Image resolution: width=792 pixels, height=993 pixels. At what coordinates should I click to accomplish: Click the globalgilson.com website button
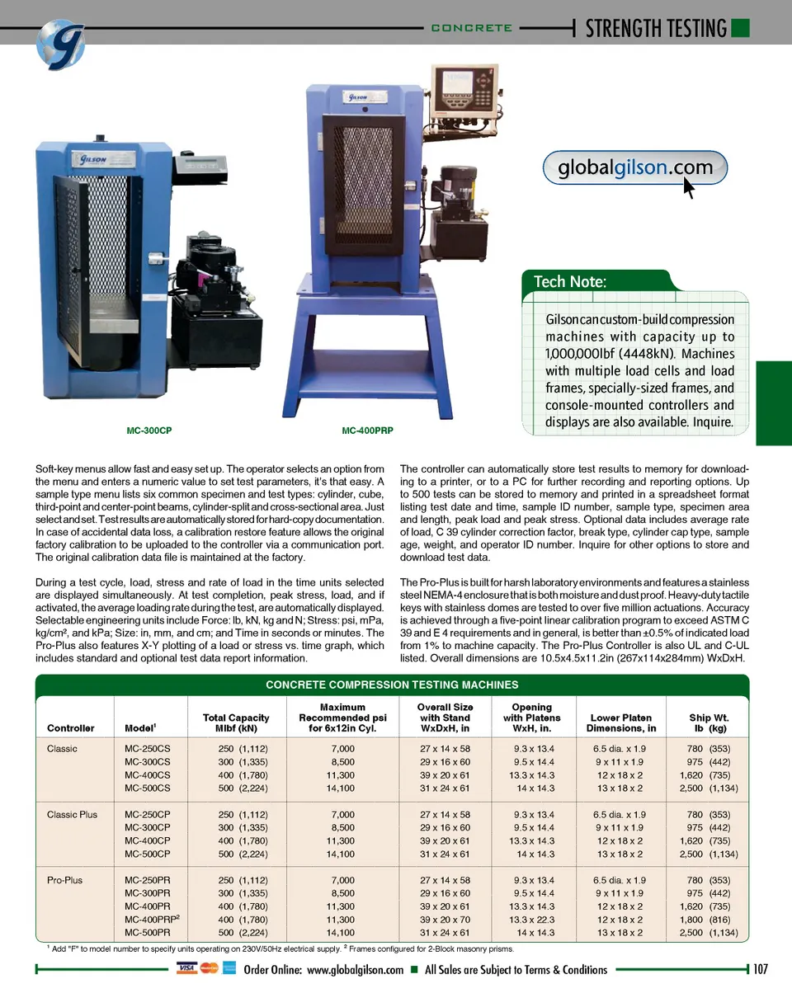tap(634, 168)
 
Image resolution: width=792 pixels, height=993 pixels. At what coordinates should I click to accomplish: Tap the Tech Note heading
tap(570, 281)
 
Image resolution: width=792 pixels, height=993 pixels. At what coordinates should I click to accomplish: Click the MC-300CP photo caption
tap(148, 431)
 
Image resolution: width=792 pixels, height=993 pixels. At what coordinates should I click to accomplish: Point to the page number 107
tap(760, 969)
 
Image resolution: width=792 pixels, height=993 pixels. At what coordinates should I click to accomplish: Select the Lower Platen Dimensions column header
tap(620, 722)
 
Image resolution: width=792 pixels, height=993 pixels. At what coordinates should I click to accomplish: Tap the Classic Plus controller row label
tap(72, 814)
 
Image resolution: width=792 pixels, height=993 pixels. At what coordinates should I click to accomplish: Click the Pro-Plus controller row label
tap(64, 880)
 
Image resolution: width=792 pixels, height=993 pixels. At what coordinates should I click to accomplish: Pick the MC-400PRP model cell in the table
tap(152, 920)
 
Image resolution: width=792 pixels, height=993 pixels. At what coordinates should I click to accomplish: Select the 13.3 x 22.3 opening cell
tap(532, 920)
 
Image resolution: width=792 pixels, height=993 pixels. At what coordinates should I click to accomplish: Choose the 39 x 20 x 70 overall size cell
tap(445, 920)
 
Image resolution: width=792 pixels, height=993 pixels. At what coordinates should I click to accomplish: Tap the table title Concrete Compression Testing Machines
tap(392, 685)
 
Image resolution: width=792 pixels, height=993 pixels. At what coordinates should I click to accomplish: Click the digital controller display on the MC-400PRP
tap(462, 86)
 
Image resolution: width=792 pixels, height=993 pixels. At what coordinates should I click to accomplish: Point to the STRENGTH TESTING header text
tap(656, 28)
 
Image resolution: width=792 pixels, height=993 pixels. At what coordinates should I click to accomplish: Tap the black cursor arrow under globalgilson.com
tap(689, 188)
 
